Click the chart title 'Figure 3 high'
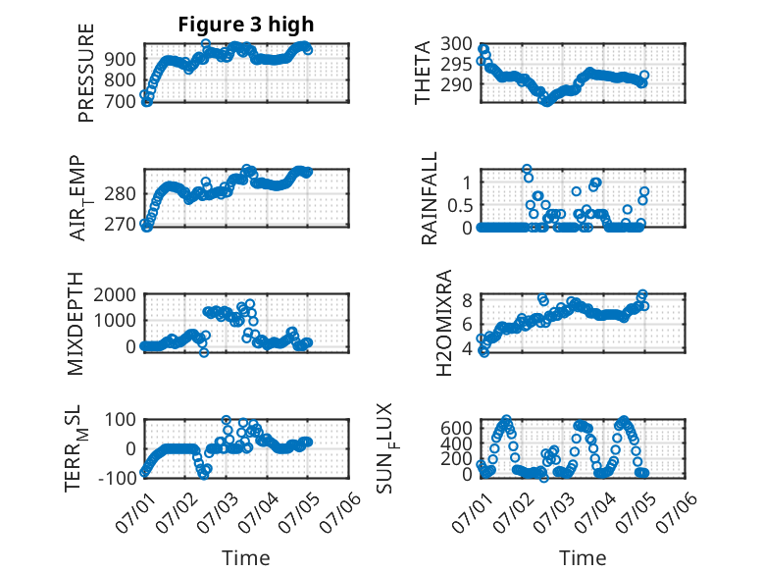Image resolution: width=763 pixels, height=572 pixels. (246, 25)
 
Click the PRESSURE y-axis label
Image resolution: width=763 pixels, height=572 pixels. (86, 73)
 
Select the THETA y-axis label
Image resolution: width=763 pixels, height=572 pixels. (423, 73)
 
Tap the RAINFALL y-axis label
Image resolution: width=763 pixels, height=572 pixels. (430, 198)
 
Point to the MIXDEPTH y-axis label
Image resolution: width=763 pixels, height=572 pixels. (76, 324)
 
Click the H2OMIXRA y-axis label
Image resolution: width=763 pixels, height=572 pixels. (444, 323)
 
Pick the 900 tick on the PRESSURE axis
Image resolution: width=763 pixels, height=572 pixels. (121, 60)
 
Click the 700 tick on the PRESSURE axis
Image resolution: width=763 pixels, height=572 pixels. (121, 102)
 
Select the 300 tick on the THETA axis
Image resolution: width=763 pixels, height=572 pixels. (456, 44)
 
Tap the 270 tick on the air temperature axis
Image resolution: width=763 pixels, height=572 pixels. (121, 225)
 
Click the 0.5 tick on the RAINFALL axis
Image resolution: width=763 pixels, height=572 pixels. (460, 205)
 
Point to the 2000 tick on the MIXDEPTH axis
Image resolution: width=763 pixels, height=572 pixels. (115, 294)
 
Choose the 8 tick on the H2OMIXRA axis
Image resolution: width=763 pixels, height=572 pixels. (467, 300)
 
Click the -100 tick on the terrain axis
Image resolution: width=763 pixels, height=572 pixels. (117, 478)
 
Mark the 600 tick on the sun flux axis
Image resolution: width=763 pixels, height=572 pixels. (456, 428)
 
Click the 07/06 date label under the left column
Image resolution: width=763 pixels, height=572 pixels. (340, 512)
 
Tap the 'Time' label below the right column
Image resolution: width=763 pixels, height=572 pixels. (583, 557)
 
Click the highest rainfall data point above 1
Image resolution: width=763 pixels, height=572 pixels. (527, 169)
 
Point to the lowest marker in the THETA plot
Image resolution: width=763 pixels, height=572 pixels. (547, 102)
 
